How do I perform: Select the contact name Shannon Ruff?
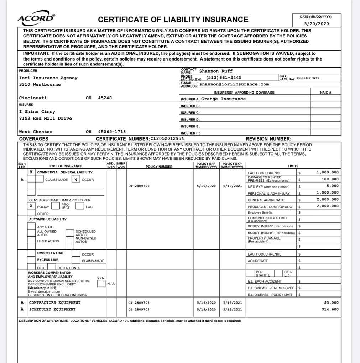[216, 71]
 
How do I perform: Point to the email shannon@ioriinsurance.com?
[234, 84]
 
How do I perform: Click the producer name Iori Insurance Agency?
[48, 78]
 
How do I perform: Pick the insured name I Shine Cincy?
[37, 112]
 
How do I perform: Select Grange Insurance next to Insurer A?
[223, 99]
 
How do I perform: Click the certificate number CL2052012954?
[167, 138]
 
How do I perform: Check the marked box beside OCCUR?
[76, 180]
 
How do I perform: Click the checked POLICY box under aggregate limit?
[32, 206]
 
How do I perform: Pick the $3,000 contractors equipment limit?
[332, 302]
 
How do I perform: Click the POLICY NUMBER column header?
[159, 167]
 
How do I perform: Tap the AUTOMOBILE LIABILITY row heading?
[48, 219]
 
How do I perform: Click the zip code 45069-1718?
[112, 132]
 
